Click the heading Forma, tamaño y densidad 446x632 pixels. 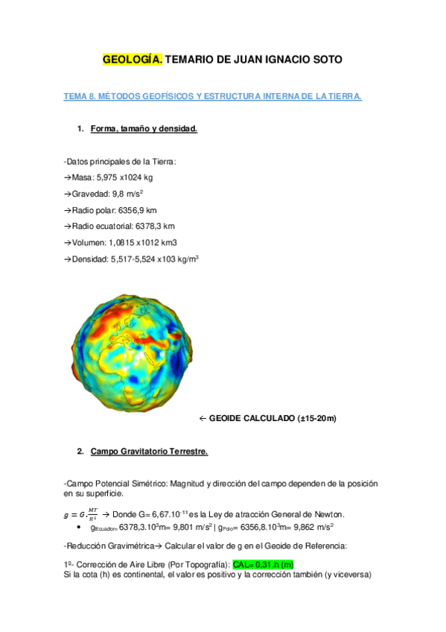[x=144, y=129]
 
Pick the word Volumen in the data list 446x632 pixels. [x=89, y=243]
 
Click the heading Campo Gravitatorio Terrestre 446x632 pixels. [x=149, y=452]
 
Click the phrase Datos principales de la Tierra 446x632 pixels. [x=122, y=161]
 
